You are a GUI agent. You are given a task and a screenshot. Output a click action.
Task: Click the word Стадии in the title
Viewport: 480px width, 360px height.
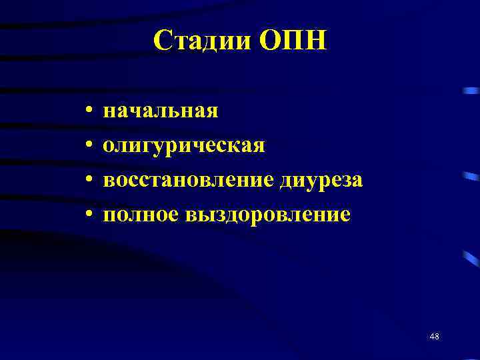[201, 42]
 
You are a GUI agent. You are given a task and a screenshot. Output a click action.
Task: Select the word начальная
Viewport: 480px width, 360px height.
[161, 110]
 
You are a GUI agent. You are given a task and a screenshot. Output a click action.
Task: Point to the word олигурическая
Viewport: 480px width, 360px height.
[184, 145]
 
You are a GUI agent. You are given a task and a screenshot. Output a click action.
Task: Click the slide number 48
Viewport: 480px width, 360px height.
[435, 336]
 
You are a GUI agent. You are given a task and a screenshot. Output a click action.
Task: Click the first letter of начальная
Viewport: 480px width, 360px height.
[109, 111]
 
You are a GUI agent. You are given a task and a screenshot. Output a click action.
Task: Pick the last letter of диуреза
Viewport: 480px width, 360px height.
[358, 181]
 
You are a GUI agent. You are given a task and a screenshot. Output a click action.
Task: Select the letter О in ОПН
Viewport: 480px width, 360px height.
[270, 42]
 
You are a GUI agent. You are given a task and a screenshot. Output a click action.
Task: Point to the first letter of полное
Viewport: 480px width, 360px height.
[109, 215]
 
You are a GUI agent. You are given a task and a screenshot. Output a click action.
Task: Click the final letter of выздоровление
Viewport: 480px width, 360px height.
[345, 215]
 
